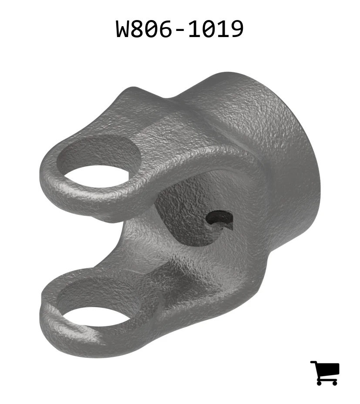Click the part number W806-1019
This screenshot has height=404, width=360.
click(180, 29)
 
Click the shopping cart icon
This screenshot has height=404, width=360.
click(325, 373)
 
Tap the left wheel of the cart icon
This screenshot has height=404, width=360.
click(320, 383)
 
